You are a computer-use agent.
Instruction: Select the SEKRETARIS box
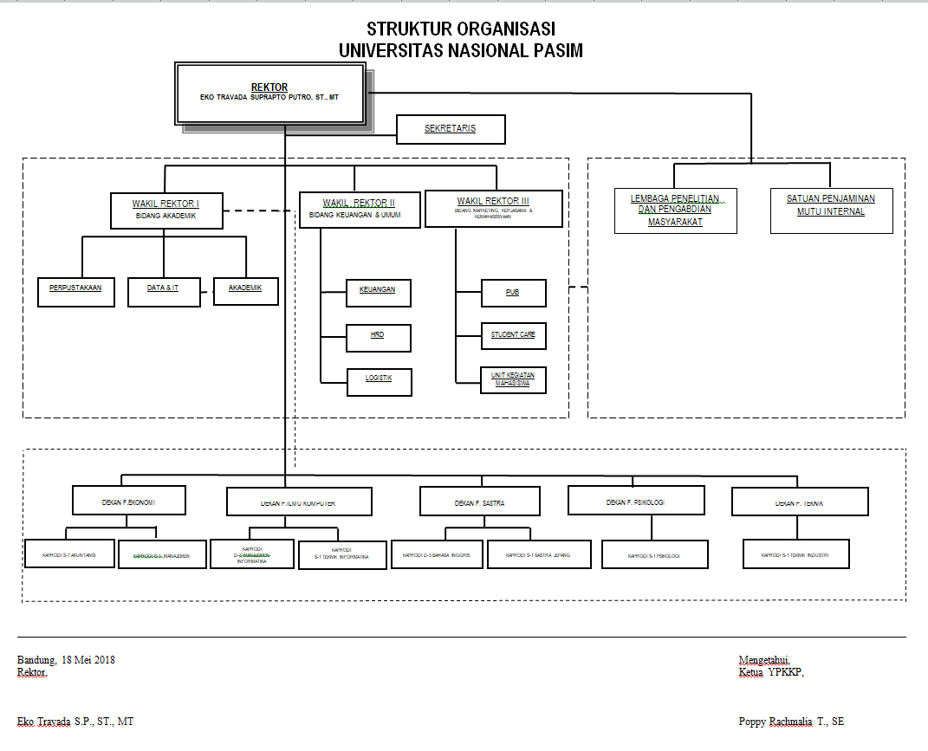pos(450,130)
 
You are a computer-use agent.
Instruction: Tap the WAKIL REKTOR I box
pos(166,210)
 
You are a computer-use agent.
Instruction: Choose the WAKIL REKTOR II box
pos(360,210)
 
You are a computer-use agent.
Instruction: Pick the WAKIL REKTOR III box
pos(494,209)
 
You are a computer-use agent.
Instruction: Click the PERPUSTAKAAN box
pos(76,291)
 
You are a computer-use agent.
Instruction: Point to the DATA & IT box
pos(163,291)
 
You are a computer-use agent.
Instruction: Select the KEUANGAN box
pos(378,293)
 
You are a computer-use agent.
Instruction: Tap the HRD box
pos(378,338)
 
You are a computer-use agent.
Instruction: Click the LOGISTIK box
pos(379,382)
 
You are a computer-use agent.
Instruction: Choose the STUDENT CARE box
pos(513,336)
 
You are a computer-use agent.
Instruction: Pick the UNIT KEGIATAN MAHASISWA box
pos(513,380)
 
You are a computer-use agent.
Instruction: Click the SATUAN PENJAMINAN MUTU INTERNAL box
pos(831,210)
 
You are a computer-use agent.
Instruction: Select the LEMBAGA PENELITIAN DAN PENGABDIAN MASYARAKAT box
pos(675,210)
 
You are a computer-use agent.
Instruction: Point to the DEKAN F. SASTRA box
pos(479,501)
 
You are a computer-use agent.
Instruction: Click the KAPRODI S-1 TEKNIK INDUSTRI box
pos(795,554)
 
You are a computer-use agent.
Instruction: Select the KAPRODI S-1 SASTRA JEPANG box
pos(539,554)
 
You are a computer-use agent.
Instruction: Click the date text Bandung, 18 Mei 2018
pos(66,660)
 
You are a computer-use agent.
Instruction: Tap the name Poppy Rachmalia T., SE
pos(791,722)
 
